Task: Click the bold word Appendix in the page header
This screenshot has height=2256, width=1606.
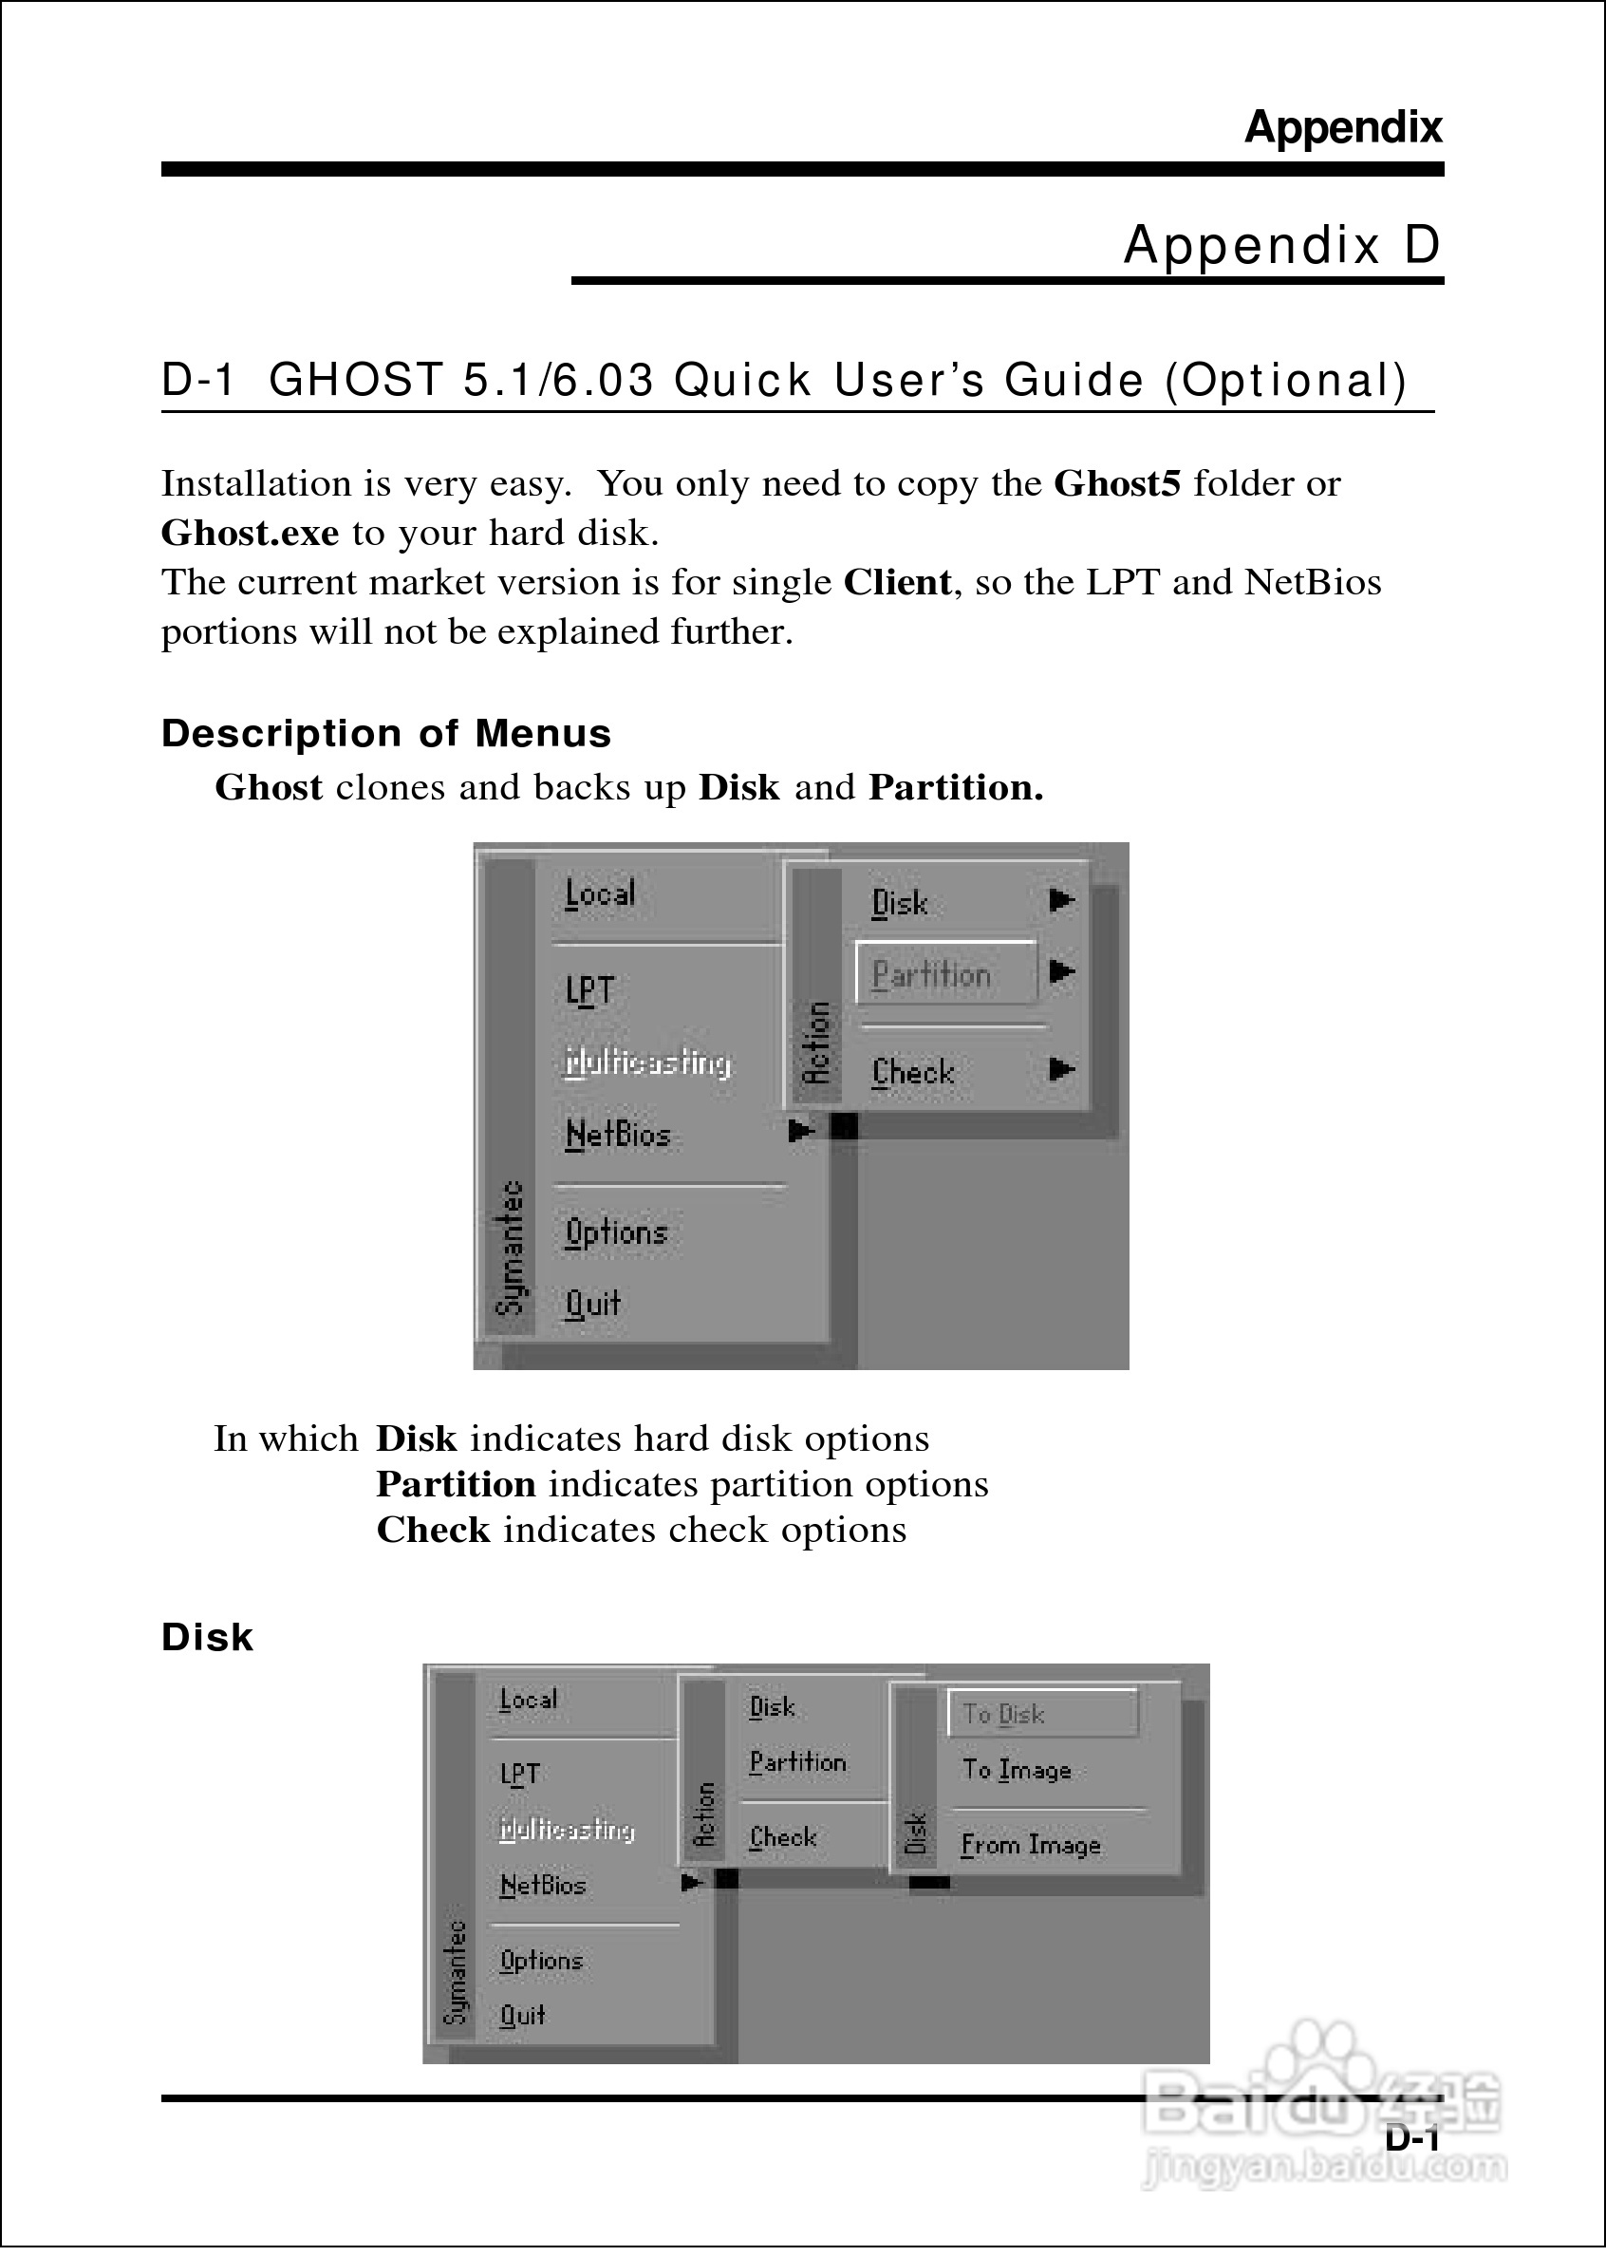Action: pyautogui.click(x=1342, y=127)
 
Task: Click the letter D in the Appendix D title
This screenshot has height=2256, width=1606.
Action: pyautogui.click(x=1421, y=244)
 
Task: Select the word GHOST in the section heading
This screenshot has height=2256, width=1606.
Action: pyautogui.click(x=357, y=381)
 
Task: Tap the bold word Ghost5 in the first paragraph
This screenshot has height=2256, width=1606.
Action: pyautogui.click(x=1116, y=483)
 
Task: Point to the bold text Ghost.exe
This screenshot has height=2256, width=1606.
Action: pyautogui.click(x=250, y=533)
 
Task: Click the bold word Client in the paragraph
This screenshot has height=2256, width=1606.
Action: pyautogui.click(x=897, y=583)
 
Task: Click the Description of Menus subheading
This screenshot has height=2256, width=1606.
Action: pyautogui.click(x=385, y=734)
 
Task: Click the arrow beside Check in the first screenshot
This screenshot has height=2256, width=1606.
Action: pyautogui.click(x=1062, y=1069)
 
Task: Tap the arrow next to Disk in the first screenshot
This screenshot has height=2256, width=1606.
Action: pyautogui.click(x=1062, y=900)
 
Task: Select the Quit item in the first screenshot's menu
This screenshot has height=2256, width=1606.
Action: pyautogui.click(x=593, y=1304)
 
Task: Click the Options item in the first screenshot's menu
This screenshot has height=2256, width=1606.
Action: pyautogui.click(x=616, y=1232)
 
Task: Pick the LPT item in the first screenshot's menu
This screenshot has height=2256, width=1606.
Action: pyautogui.click(x=590, y=989)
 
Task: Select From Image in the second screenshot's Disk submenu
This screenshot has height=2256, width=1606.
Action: pyautogui.click(x=1031, y=1846)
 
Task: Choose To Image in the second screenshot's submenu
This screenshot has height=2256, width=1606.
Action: pyautogui.click(x=1017, y=1771)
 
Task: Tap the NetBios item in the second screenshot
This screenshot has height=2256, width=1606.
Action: pyautogui.click(x=543, y=1885)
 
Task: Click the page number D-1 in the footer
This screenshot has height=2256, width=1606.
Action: pyautogui.click(x=1411, y=2137)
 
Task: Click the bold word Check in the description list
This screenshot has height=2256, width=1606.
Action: pyautogui.click(x=433, y=1530)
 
